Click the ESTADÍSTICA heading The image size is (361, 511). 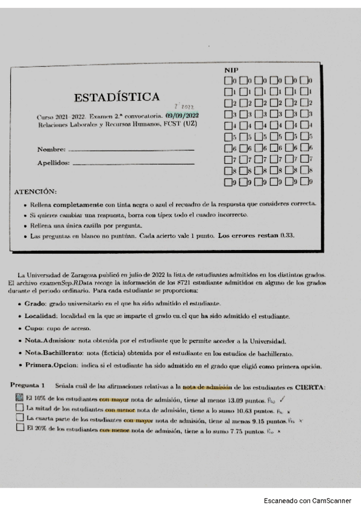tap(117, 97)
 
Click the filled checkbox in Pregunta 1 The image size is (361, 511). tap(20, 397)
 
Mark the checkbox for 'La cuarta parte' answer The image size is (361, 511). tap(20, 417)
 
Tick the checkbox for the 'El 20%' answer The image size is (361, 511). tap(20, 427)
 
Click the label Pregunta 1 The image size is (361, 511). tap(28, 384)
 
